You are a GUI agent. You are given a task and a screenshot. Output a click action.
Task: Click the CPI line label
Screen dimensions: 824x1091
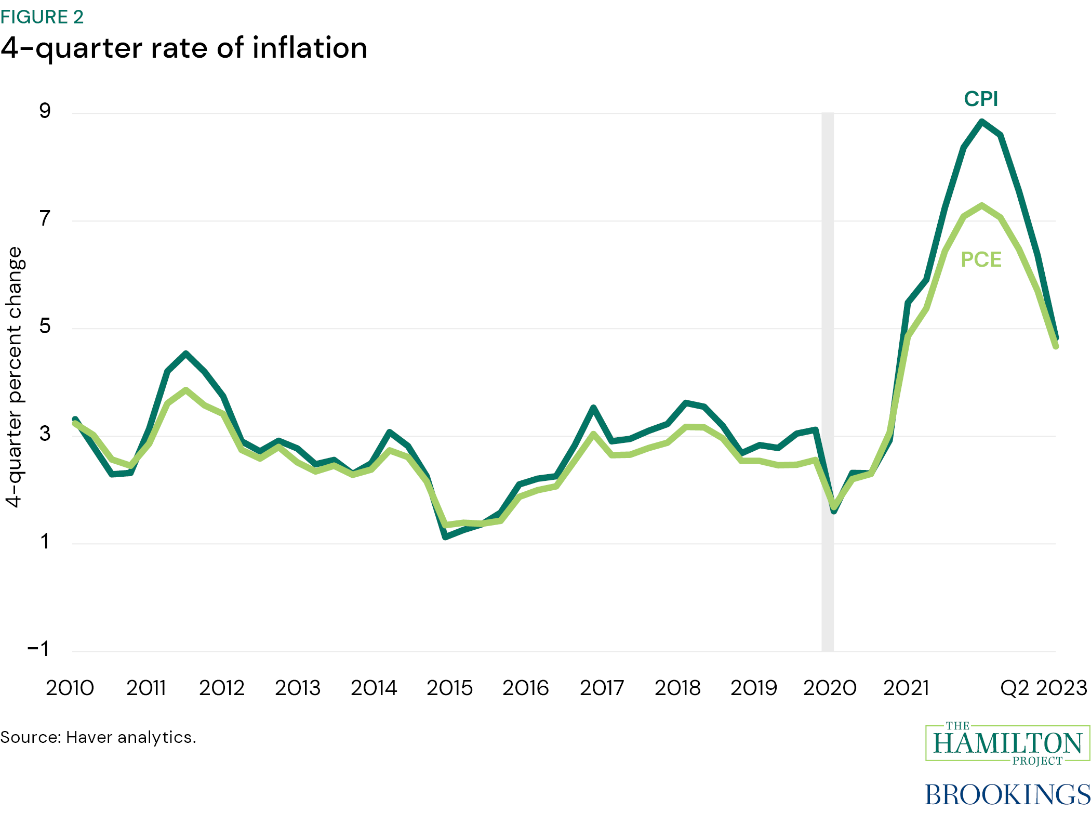click(x=981, y=99)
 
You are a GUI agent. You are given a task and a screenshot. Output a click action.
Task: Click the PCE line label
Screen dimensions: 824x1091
click(x=981, y=259)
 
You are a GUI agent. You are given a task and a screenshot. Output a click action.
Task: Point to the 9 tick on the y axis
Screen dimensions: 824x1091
click(x=45, y=111)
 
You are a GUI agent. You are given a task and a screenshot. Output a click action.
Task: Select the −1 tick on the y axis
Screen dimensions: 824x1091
click(x=38, y=649)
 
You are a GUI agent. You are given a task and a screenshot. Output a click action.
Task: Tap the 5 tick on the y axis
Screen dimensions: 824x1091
click(x=45, y=326)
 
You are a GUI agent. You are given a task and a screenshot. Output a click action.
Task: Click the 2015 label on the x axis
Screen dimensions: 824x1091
click(x=449, y=688)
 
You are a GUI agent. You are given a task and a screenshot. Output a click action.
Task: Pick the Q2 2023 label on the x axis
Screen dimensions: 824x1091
click(x=1043, y=688)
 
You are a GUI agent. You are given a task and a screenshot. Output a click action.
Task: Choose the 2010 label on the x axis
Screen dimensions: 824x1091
click(x=70, y=688)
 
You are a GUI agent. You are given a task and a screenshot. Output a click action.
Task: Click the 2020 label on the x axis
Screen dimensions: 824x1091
click(x=830, y=688)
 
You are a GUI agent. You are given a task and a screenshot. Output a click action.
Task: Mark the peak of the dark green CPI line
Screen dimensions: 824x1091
click(x=982, y=122)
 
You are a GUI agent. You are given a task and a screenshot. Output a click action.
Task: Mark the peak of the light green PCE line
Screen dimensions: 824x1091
click(x=982, y=205)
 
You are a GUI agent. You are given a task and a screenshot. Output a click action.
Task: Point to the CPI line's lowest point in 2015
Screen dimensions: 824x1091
click(x=445, y=537)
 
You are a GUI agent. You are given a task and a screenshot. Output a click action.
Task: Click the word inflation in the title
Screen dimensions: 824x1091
click(x=310, y=48)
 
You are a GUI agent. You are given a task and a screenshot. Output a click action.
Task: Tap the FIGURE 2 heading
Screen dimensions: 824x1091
click(x=42, y=17)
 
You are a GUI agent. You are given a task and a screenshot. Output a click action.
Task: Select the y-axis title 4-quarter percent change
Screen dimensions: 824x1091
click(x=15, y=377)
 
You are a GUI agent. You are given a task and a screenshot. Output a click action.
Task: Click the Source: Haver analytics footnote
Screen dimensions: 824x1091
click(x=98, y=737)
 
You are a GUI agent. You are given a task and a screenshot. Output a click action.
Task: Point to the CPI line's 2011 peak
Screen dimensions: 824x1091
click(x=186, y=354)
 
